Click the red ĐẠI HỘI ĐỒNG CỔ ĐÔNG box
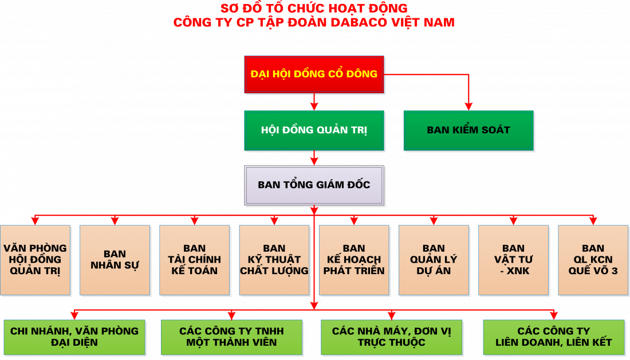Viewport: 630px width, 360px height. [x=314, y=74]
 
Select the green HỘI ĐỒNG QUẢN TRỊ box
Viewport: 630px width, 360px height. [x=314, y=130]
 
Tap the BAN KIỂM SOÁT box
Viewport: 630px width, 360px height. [x=468, y=130]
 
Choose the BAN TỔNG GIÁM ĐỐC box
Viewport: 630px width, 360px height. [x=314, y=185]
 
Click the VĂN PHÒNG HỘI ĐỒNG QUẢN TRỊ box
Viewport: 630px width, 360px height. [x=35, y=260]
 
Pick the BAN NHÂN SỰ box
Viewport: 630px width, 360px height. [x=115, y=260]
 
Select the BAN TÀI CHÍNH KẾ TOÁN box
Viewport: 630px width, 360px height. [x=194, y=260]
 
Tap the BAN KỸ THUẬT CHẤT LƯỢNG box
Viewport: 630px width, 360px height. [x=274, y=260]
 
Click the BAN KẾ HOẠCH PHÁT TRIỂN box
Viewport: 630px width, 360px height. [x=354, y=260]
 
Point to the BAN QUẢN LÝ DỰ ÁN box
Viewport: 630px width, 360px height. [x=434, y=260]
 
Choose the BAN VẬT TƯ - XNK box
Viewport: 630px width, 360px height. [x=513, y=260]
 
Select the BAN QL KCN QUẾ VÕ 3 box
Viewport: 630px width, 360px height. [x=593, y=260]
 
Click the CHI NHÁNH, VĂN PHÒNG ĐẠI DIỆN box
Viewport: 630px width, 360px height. [x=74, y=337]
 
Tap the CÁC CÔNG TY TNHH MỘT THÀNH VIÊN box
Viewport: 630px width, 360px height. [x=231, y=337]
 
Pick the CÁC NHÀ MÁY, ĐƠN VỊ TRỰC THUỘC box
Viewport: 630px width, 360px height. [x=392, y=337]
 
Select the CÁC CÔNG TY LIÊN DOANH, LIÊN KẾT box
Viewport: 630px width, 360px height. [x=553, y=337]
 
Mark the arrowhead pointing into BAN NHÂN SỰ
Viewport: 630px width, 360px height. [x=115, y=221]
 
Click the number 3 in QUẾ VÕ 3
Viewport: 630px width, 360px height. [x=615, y=271]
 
